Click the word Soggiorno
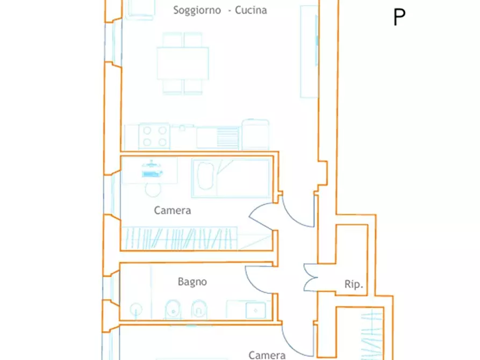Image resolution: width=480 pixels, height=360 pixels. [x=197, y=10]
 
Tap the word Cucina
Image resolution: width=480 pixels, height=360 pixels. [x=250, y=10]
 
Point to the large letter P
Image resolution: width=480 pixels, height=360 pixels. [x=399, y=17]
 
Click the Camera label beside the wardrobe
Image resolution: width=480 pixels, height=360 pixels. [x=173, y=210]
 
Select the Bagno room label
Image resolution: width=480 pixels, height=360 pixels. [x=192, y=282]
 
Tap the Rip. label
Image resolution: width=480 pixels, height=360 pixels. [x=354, y=284]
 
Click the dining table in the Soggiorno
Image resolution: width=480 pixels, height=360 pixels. [x=183, y=63]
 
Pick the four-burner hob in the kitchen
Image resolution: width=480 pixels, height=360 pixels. [x=154, y=136]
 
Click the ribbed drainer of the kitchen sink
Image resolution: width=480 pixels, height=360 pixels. [x=227, y=137]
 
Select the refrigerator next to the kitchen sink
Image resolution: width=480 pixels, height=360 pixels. [x=256, y=135]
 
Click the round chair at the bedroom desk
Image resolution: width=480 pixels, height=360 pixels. [x=153, y=190]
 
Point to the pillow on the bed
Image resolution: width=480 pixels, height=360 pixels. [x=206, y=176]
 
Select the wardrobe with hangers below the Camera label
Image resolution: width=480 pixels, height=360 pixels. [x=180, y=239]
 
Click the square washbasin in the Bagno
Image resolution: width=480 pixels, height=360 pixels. [x=256, y=311]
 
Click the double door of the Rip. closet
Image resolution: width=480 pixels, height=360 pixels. [x=310, y=277]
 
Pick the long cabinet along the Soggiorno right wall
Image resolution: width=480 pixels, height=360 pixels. [x=309, y=52]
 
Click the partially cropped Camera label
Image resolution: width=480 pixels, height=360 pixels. [x=267, y=355]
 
